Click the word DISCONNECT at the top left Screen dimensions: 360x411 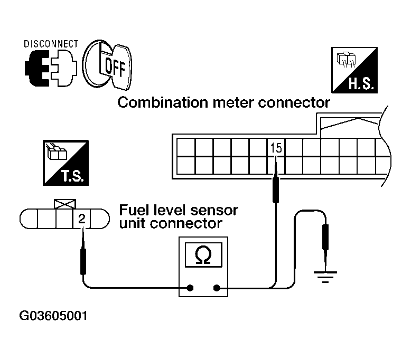[x=51, y=43]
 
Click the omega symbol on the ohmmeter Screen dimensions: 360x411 [x=202, y=255]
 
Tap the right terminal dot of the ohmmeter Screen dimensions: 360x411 [x=217, y=288]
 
